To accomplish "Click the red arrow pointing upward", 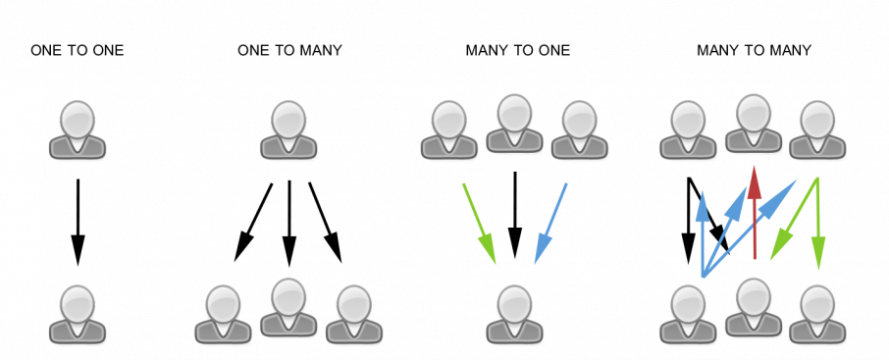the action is pos(755,216).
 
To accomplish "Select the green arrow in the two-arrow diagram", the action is pos(479,223).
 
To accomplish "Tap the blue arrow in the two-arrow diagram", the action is pos(550,223).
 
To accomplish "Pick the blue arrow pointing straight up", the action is pos(703,235).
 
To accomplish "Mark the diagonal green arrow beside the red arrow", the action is pos(793,220).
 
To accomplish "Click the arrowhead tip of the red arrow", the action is pos(755,167).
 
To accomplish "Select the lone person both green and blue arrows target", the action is pos(514,313).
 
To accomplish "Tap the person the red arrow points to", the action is pos(754,123).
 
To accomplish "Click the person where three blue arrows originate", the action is pos(688,313).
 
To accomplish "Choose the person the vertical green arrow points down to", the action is pos(817,313).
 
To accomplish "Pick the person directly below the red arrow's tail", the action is pos(754,306).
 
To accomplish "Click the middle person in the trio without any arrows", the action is pos(288,306).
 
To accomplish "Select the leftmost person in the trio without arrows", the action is pos(223,313).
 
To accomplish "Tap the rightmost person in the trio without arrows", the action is pos(353,313).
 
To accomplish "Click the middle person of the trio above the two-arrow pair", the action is pos(514,123).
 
